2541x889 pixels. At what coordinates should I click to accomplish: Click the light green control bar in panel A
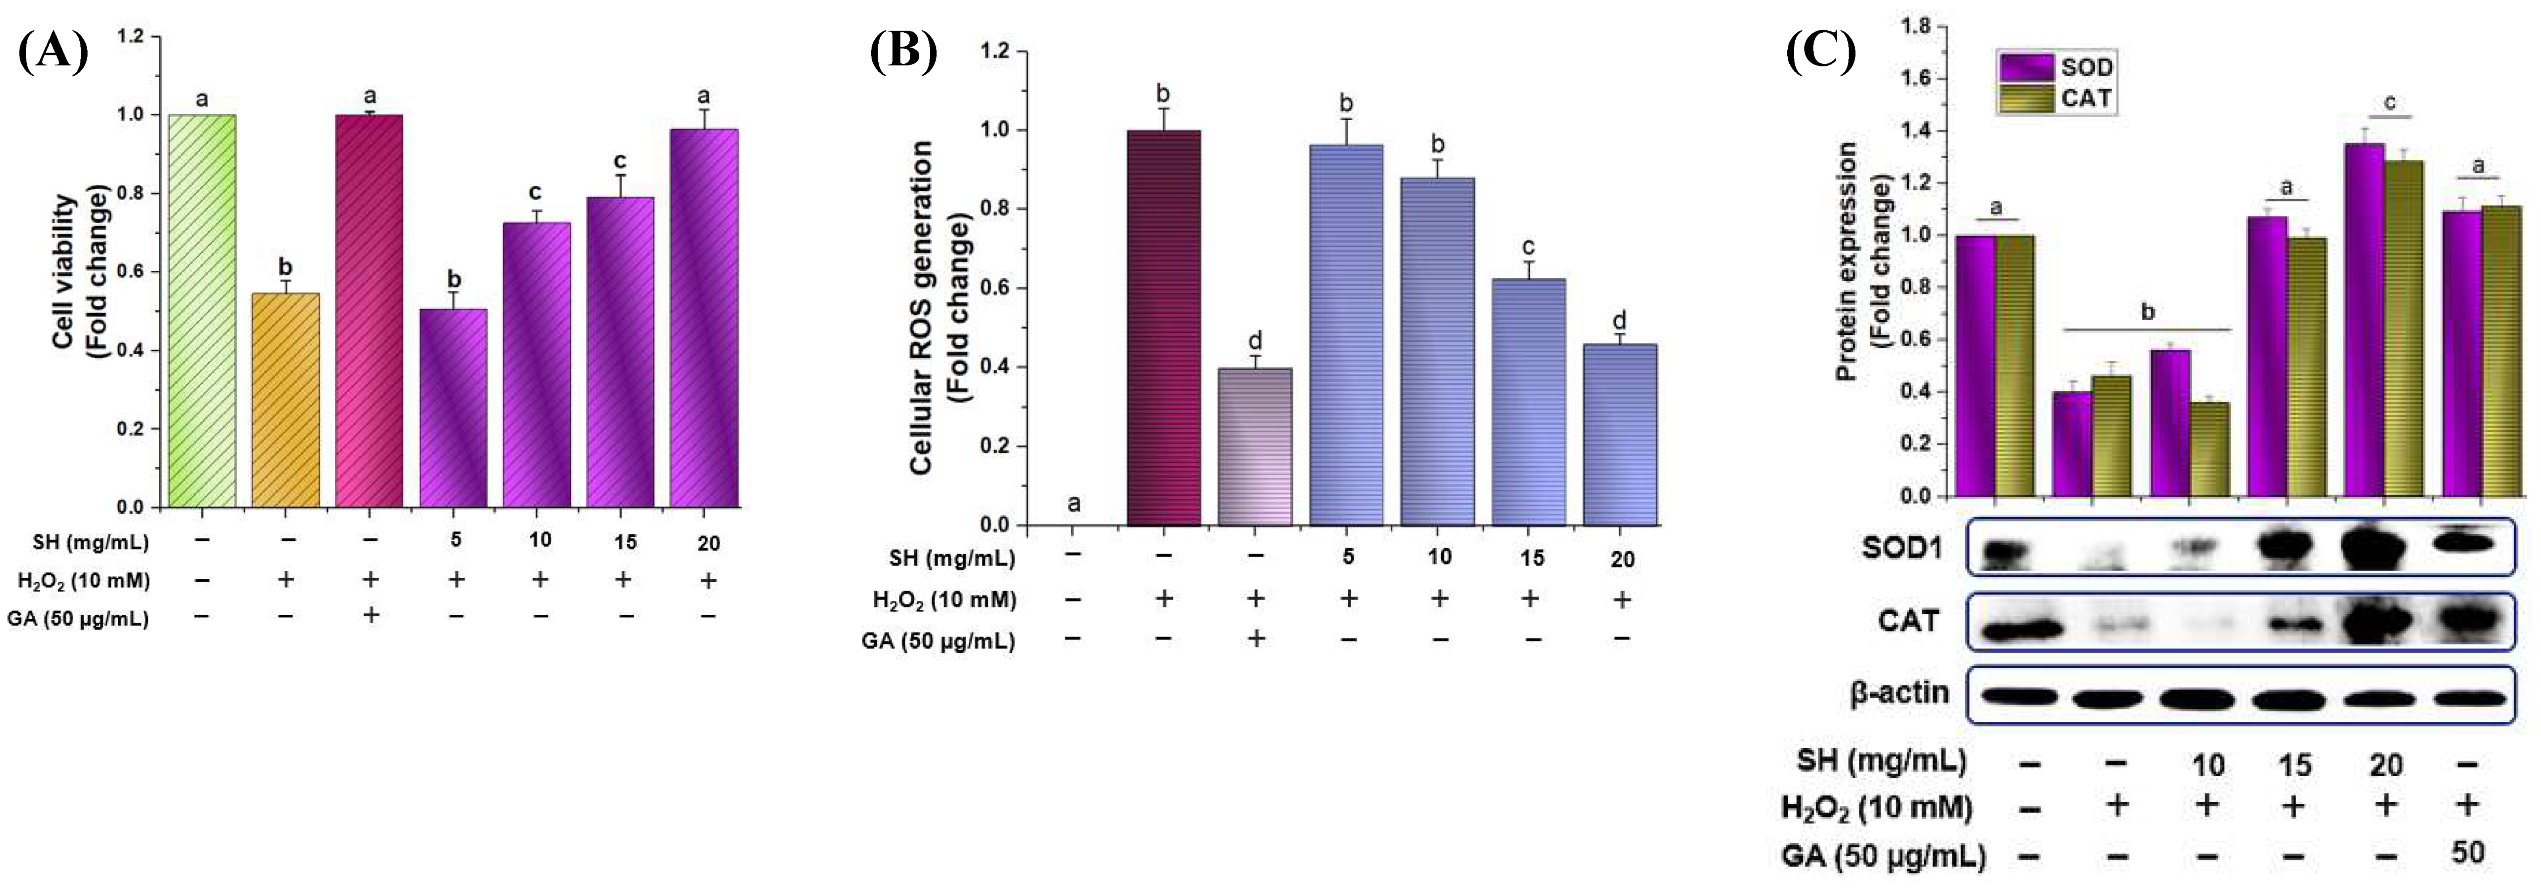pos(202,311)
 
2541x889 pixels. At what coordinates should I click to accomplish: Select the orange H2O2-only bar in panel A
pos(286,400)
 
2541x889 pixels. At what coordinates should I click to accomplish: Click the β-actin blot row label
pos(1899,694)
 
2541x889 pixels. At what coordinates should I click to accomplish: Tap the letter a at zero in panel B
pos(1074,504)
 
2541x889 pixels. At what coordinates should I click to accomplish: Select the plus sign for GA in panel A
pos(371,615)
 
